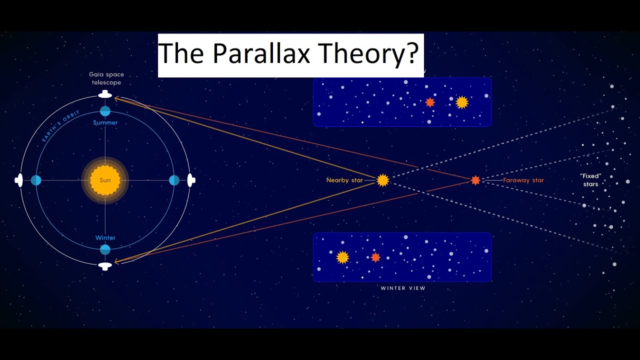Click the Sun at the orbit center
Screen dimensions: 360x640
(105, 180)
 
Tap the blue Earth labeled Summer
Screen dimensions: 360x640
(105, 111)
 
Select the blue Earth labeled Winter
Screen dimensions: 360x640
(105, 249)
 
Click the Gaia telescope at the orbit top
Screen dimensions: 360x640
(105, 94)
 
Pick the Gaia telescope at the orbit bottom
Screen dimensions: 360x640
(105, 266)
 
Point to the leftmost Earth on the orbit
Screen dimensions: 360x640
(36, 180)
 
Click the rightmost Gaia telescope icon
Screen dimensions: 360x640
(190, 180)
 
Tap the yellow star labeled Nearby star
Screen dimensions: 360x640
(382, 180)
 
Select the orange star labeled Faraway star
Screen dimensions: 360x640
(475, 180)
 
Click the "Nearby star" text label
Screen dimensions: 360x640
(344, 180)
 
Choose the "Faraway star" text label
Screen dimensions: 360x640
(523, 180)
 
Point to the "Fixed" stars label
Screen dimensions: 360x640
(590, 180)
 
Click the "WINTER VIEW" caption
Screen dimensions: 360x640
(403, 288)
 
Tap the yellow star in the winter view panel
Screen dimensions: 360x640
(342, 257)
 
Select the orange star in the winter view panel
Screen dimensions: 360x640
(375, 257)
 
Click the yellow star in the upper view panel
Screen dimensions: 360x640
(461, 102)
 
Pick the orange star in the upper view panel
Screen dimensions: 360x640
(429, 102)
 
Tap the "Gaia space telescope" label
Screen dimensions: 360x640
(106, 78)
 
